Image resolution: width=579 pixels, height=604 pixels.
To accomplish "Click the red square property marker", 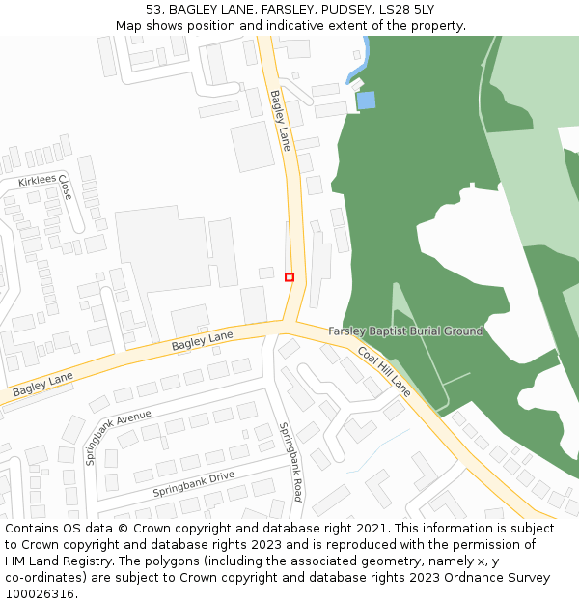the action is click(x=289, y=277).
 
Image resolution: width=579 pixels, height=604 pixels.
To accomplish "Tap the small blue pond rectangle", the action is click(x=366, y=100).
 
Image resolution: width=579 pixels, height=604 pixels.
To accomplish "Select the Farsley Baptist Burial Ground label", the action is click(x=405, y=331).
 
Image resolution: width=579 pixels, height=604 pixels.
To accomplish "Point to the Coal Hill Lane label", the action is click(x=384, y=371).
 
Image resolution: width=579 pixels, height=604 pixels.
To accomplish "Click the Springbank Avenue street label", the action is click(x=118, y=437).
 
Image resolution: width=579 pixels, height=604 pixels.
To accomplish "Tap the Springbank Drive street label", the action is click(x=194, y=483).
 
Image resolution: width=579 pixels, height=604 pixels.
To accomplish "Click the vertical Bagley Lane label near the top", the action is click(x=280, y=120).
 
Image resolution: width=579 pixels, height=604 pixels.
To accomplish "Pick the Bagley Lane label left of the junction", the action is click(x=203, y=340).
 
